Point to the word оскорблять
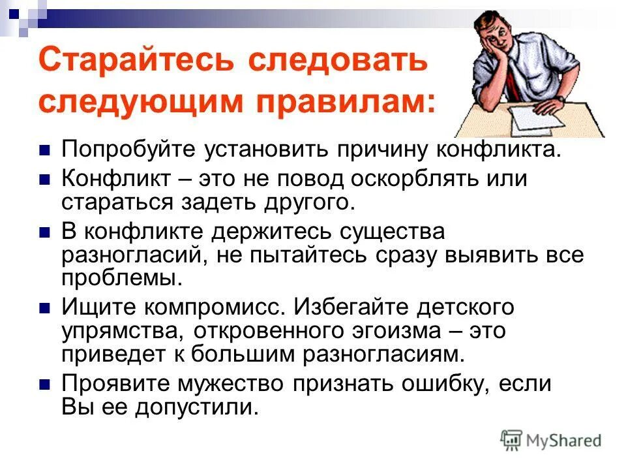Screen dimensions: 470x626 pos(405,179)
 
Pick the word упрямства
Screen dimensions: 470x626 pos(121,330)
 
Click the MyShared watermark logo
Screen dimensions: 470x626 pos(552,439)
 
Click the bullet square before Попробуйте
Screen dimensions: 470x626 pos(45,150)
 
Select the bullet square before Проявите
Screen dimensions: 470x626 pos(45,384)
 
